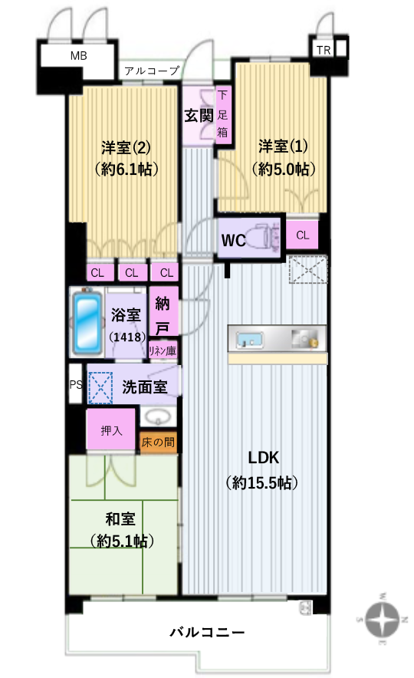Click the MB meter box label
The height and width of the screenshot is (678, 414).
click(79, 56)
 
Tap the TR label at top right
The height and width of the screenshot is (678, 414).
click(324, 50)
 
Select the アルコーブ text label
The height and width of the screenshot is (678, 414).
click(152, 71)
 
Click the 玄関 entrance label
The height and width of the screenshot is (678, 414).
click(199, 116)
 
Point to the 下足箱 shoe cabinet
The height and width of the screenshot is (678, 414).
click(222, 114)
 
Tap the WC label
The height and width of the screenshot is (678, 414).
click(233, 240)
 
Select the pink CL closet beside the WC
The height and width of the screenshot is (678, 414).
click(303, 235)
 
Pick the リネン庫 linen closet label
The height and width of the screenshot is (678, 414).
click(163, 351)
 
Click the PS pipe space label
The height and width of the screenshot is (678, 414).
click(76, 384)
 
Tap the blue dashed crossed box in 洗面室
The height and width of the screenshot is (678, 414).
click(100, 388)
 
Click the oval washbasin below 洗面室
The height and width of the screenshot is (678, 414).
click(158, 417)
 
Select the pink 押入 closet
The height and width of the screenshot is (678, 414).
click(111, 430)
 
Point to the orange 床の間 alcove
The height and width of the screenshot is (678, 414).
click(158, 443)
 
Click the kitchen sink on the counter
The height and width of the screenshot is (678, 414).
click(250, 340)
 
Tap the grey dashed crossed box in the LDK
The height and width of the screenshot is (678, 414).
click(308, 270)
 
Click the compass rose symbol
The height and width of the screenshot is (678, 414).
click(383, 619)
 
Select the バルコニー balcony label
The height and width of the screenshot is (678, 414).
click(207, 633)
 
